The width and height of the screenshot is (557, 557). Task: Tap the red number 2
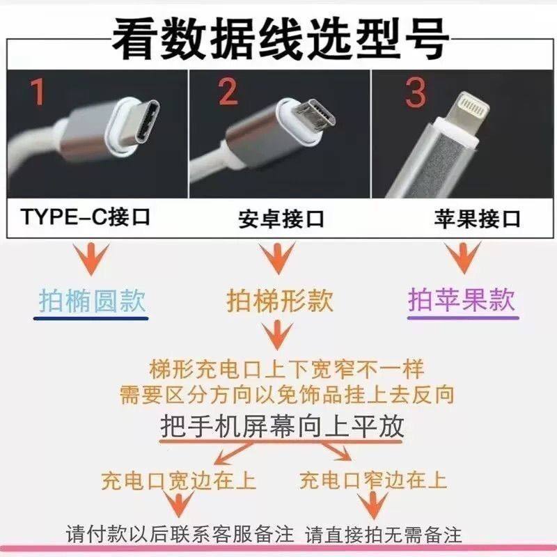[x=227, y=91]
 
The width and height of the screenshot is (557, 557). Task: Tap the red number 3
[x=416, y=93]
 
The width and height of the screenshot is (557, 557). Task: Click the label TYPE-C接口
[x=85, y=218]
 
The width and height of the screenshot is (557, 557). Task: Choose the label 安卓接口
[x=281, y=219]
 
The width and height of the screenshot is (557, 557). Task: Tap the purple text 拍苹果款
[x=462, y=301]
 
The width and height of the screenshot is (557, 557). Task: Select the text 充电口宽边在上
[x=178, y=480]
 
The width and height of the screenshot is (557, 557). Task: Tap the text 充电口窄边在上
[x=373, y=480]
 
